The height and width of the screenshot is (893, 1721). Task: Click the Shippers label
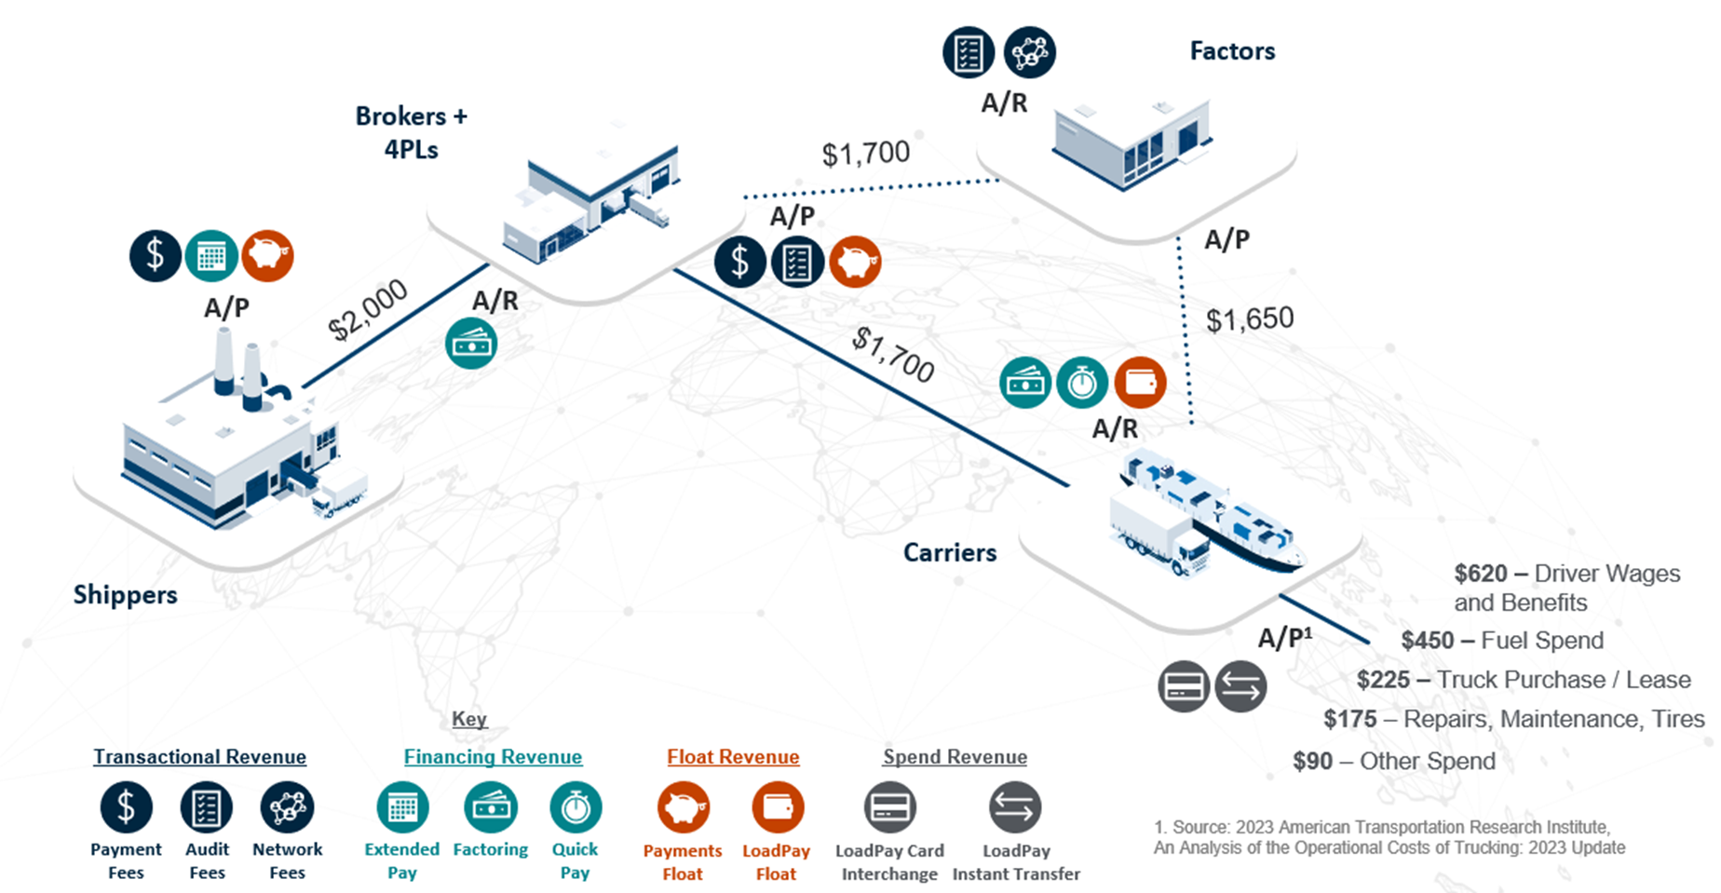125,595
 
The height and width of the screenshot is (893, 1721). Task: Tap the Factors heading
1232,51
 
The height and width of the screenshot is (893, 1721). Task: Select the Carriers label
949,552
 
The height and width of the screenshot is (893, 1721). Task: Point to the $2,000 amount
368,310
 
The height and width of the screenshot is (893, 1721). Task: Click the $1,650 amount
1250,319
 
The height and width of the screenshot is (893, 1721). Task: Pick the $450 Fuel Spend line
1502,641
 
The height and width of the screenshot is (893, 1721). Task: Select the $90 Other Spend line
1394,762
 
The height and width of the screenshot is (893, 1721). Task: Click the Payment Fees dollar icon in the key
126,807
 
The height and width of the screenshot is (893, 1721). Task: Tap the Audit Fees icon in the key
206,807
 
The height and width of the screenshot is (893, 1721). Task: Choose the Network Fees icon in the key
287,807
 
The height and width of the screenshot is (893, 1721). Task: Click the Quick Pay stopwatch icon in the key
576,807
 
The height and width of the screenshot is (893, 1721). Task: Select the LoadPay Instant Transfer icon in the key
1015,807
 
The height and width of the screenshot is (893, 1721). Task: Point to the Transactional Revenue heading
199,757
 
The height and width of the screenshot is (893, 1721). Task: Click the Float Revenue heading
733,757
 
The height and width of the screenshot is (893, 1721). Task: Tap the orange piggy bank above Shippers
267,256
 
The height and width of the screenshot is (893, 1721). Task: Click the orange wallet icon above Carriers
1140,383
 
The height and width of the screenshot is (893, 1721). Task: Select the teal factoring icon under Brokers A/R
471,345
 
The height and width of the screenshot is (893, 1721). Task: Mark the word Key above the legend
469,719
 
